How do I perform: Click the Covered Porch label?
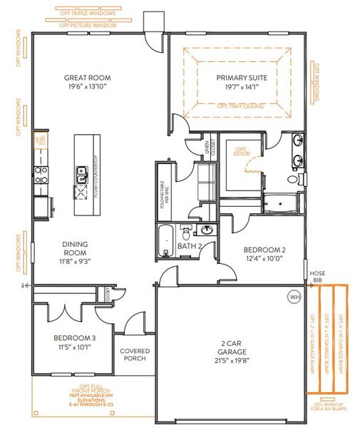tap(134, 355)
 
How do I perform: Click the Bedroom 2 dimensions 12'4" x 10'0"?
tap(264, 259)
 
